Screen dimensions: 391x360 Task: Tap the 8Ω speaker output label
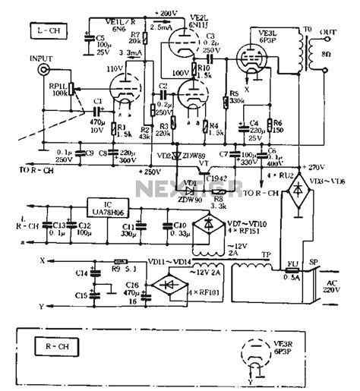tap(325, 54)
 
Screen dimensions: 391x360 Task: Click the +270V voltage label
tap(311, 166)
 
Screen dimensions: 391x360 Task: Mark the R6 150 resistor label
tap(276, 126)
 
